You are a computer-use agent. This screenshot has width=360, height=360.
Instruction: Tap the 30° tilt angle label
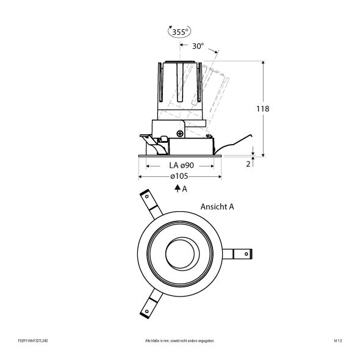click(198, 46)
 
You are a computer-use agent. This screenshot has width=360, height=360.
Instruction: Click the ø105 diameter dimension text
click(179, 176)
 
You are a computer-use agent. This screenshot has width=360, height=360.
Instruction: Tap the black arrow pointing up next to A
click(176, 189)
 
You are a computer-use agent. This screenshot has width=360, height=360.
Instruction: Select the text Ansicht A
click(217, 207)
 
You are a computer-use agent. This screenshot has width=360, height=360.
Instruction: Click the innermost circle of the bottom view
click(181, 253)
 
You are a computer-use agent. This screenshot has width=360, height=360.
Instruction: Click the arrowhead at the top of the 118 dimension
click(263, 63)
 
